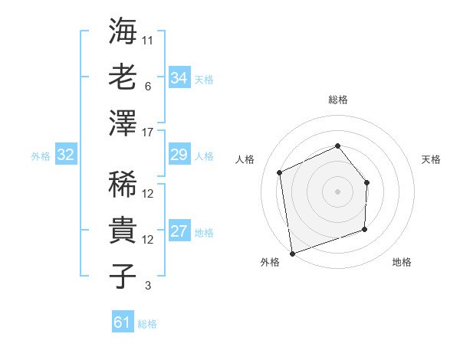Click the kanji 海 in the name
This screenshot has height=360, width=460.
coord(123,33)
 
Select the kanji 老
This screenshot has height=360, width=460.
coord(123,77)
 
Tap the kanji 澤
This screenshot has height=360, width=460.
coord(123,123)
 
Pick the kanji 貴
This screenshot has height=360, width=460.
coord(123,231)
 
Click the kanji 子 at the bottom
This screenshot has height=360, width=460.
coord(123,276)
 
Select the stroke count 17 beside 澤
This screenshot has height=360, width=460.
coord(149,132)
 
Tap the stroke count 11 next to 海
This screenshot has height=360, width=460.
coord(149,39)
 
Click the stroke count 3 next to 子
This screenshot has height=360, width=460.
coord(148,286)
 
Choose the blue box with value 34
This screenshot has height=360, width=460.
coord(179,78)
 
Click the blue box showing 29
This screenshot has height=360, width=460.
coord(179,155)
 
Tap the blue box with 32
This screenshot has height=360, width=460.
coord(65,155)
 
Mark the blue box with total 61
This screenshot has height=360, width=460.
coord(122,322)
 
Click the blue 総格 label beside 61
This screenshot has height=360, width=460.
coord(147,324)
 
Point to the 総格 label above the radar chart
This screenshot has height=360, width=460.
coord(337,100)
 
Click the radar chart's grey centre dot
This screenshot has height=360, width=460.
coord(337,191)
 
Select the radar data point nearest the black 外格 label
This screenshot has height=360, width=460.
coord(292,253)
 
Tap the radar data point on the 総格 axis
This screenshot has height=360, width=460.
coord(337,146)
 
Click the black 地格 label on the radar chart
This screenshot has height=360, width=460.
coord(402,262)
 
